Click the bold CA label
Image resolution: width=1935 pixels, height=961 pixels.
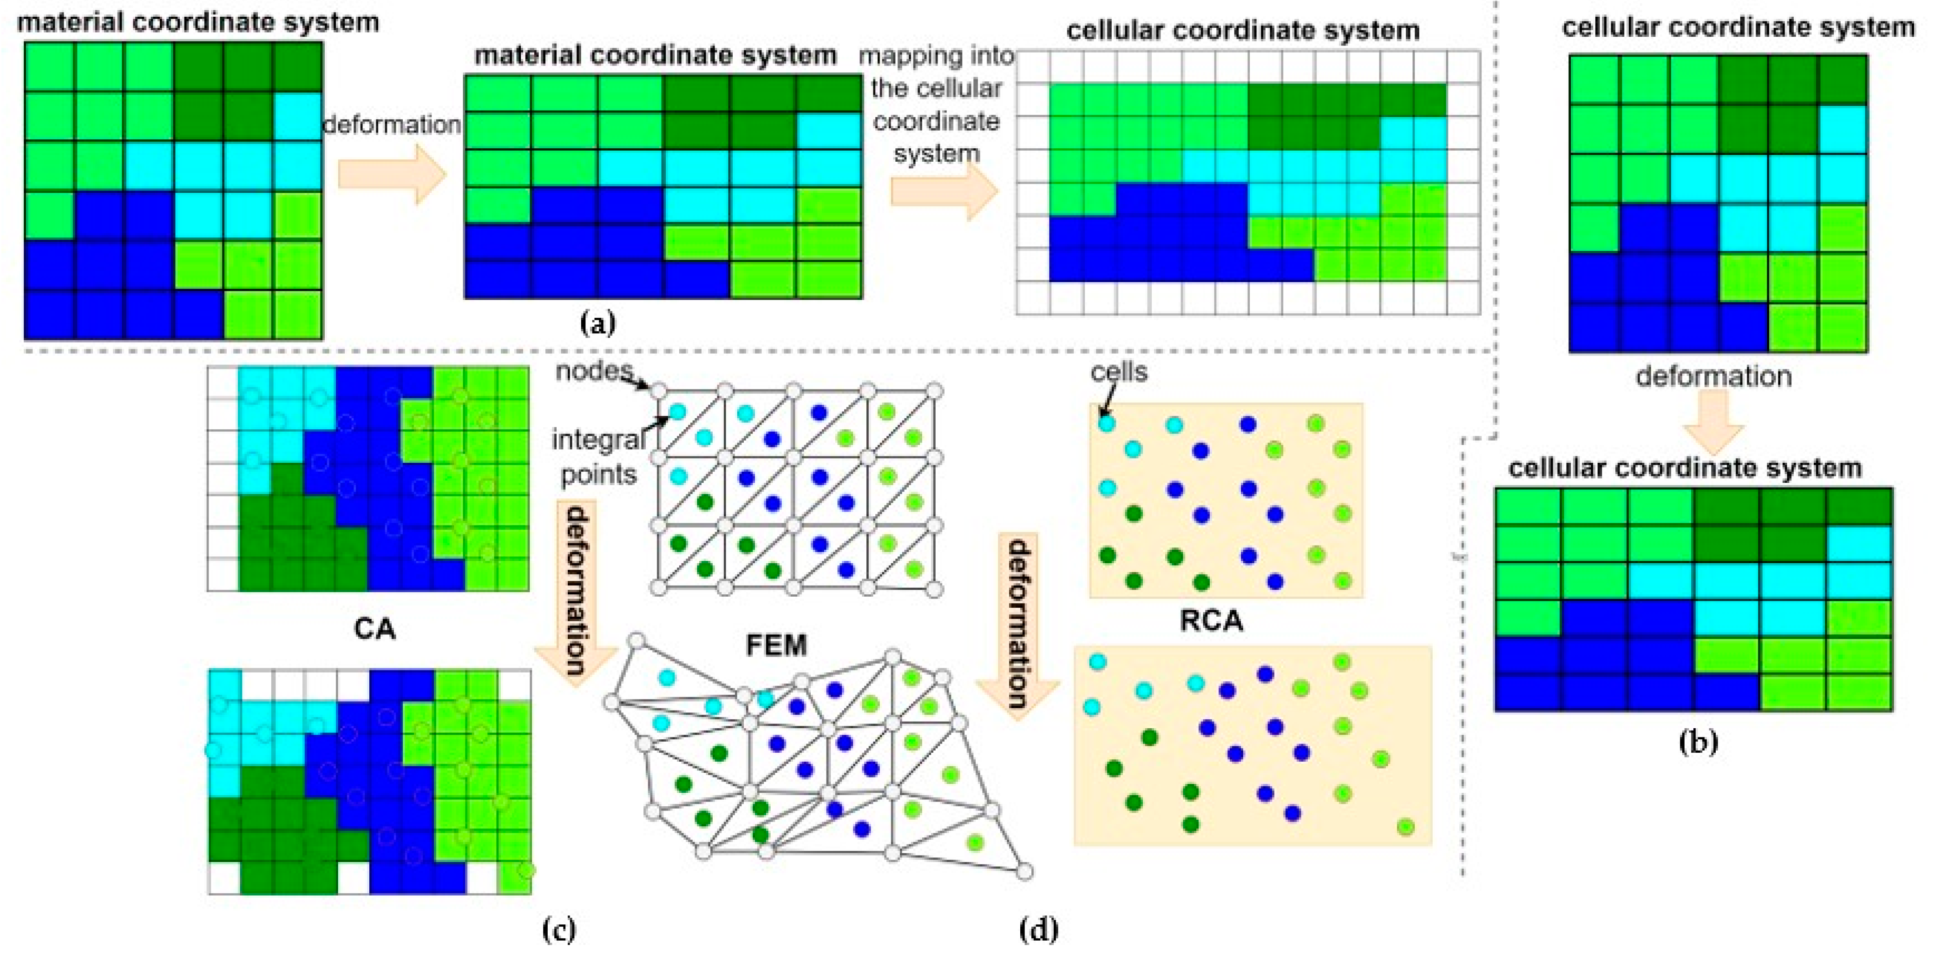374,628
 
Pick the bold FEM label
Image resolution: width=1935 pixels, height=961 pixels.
776,645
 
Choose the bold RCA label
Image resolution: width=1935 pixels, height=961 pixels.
1211,621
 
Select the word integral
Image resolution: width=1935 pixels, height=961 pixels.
597,440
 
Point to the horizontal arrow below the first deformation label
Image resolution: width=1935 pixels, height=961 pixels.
391,174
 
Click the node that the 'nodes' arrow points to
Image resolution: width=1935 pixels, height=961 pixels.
658,391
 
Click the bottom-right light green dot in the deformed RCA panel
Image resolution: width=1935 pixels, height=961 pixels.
1405,827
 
